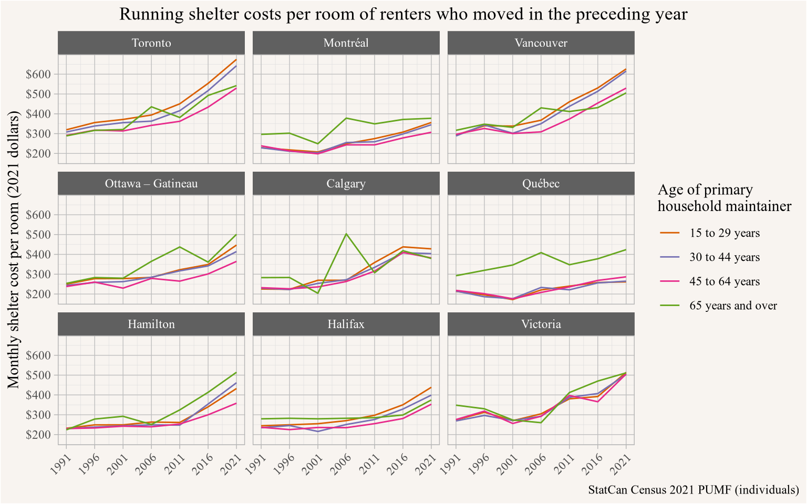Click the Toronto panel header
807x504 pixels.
coord(151,43)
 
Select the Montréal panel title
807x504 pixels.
coord(346,43)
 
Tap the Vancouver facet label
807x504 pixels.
coord(541,43)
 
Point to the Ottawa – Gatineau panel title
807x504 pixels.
coord(151,184)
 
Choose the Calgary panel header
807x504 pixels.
coord(346,184)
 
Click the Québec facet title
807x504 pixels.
coord(541,184)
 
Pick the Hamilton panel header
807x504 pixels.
coord(151,324)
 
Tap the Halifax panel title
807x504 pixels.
coord(346,324)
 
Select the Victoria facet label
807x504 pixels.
coord(541,324)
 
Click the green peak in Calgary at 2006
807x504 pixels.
coord(346,234)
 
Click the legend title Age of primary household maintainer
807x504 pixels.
coord(724,198)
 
